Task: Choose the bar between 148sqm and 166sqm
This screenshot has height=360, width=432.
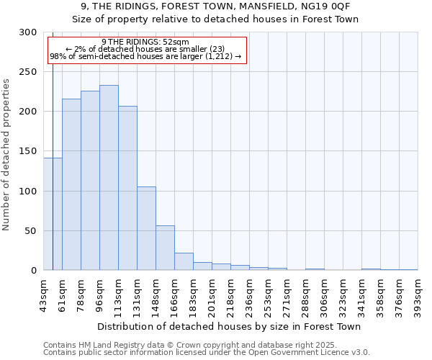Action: (165, 248)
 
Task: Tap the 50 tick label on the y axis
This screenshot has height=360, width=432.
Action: (30, 231)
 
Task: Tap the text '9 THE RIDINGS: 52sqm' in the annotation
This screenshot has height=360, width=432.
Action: (145, 42)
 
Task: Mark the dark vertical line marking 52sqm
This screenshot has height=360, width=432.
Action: (53, 144)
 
